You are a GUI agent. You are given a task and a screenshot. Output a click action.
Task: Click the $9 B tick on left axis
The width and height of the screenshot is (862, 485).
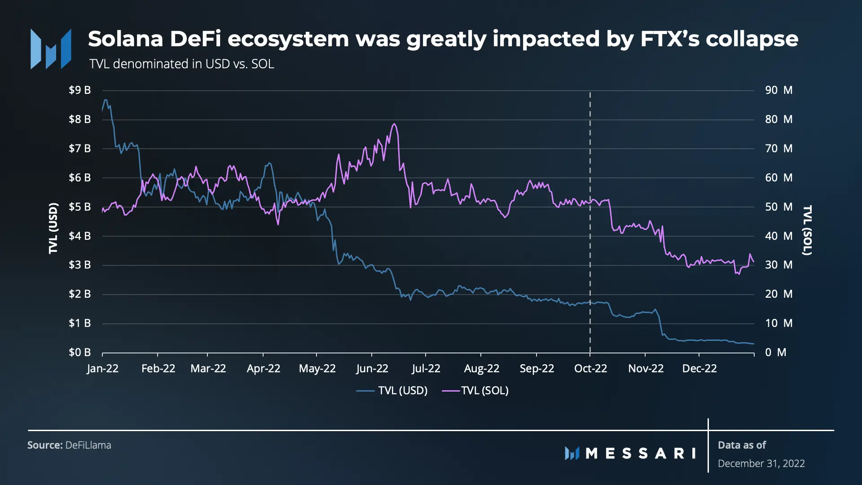coord(79,90)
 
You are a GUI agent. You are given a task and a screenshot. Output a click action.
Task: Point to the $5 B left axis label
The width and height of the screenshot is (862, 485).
coord(79,207)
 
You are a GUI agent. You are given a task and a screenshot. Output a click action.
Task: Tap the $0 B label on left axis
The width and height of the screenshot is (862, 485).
coord(79,353)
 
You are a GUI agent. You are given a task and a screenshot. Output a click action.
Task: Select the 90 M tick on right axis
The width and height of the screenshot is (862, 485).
coord(778,90)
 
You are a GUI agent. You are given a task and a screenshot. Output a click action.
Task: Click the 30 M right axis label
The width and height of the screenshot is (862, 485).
coord(778,265)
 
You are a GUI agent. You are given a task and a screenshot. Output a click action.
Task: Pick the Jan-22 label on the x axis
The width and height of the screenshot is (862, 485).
coord(103,369)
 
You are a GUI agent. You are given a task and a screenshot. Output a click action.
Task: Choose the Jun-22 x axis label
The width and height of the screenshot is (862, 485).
coord(372,369)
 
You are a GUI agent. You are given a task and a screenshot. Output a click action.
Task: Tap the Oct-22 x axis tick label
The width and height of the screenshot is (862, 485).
coord(590,369)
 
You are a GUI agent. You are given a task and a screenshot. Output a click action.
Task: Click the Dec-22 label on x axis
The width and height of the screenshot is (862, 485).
coord(699,369)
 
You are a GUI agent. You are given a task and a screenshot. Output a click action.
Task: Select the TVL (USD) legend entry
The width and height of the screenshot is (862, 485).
coord(392,391)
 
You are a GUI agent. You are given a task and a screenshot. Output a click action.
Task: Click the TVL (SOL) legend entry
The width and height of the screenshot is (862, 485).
coord(475,391)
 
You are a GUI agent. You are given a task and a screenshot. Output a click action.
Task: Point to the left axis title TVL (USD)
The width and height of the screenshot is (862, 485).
coord(53,229)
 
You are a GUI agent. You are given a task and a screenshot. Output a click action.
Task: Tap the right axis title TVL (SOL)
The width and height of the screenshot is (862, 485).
coord(807,230)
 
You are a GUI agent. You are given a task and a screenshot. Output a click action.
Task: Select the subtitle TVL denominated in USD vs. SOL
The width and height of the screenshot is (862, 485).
coord(182,64)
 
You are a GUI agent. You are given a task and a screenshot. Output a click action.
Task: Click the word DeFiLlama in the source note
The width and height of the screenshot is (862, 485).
coord(88,445)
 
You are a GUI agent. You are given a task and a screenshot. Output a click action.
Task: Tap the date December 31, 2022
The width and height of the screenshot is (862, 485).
coord(761,463)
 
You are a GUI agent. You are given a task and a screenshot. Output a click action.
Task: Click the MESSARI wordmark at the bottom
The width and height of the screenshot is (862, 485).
coord(630,453)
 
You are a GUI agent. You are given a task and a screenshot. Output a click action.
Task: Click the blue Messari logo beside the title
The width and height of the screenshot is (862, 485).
coord(51,49)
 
